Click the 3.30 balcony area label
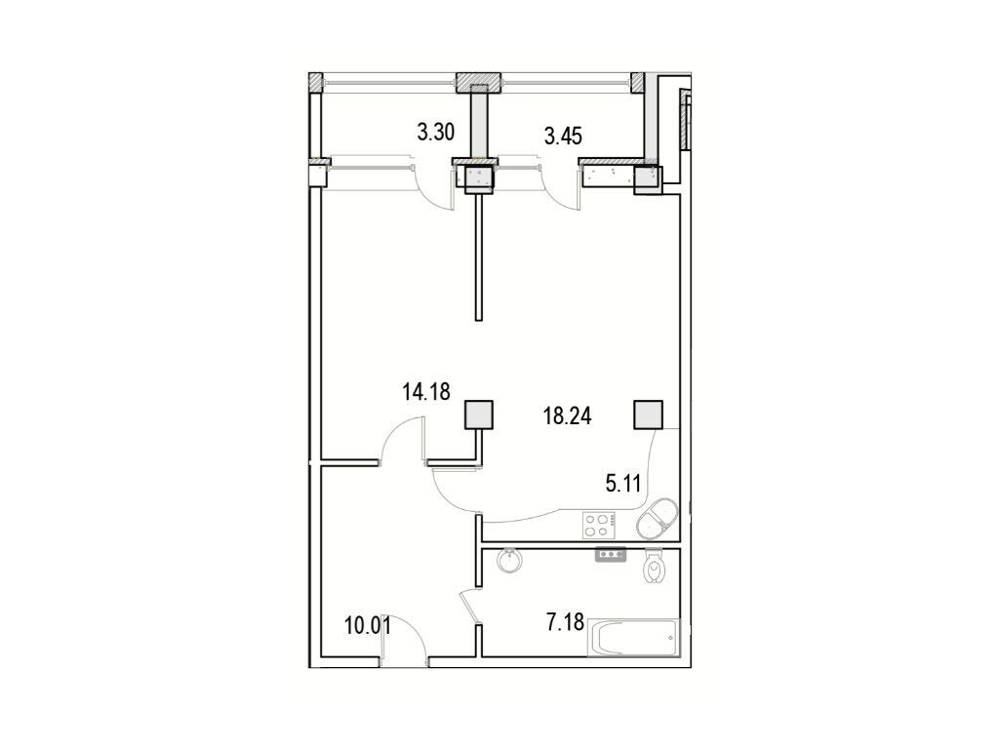click(436, 133)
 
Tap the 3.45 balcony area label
click(563, 136)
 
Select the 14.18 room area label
click(426, 392)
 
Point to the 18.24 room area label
click(567, 416)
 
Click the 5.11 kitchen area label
click(622, 484)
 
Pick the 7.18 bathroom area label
click(565, 621)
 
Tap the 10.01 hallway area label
click(368, 626)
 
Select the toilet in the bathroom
click(654, 567)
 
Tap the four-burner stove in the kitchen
click(599, 525)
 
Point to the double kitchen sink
click(657, 519)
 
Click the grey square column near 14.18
click(478, 414)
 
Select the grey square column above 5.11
click(648, 414)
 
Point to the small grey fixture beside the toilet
click(611, 555)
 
